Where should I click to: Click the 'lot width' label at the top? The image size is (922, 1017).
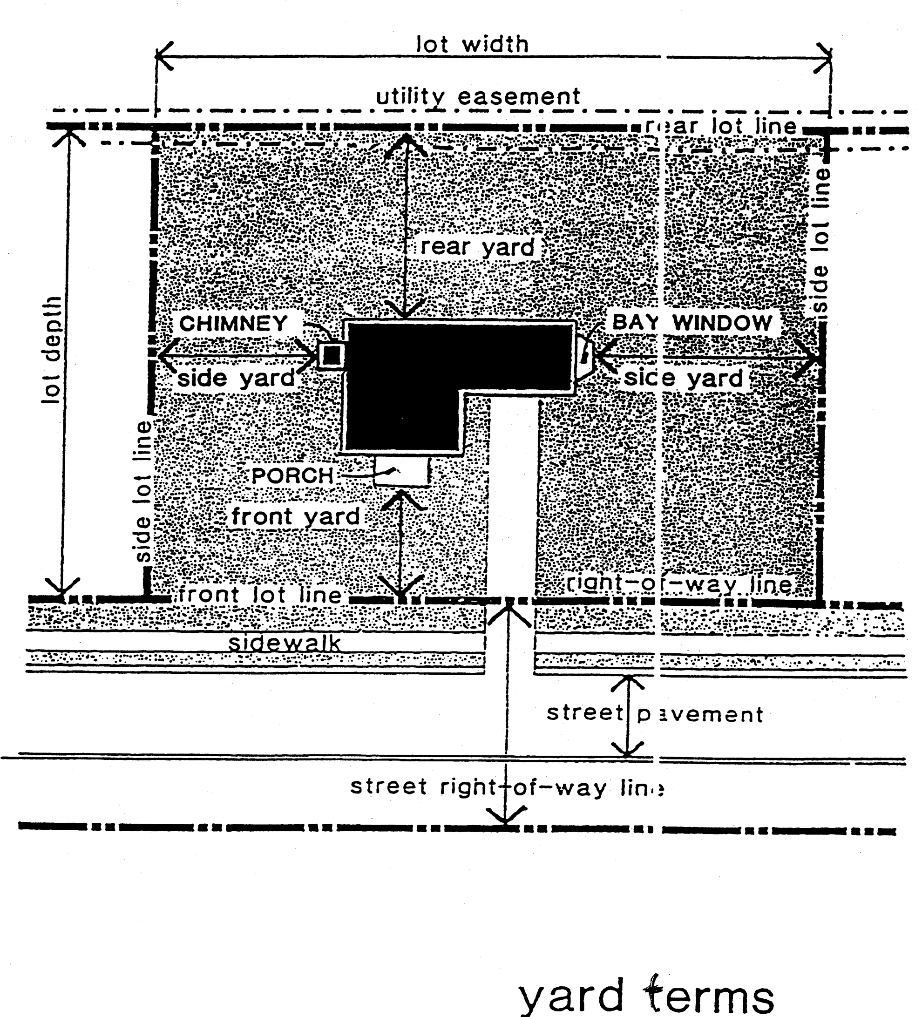coord(472,44)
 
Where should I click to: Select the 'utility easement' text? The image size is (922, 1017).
coord(478,96)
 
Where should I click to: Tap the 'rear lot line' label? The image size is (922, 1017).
coord(721,126)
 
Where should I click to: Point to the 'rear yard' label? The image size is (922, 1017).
coord(477,247)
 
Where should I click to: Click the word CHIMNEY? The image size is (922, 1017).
coord(233,323)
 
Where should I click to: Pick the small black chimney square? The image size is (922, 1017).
coord(332,356)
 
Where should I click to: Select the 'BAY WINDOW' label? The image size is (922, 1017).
coord(692,322)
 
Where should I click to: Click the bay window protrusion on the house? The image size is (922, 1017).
coord(584,355)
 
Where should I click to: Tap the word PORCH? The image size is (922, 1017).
coord(292,475)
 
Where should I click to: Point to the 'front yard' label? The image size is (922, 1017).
coord(296,516)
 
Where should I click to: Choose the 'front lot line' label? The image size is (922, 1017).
coord(260,595)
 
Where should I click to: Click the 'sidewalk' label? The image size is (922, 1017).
coord(285,643)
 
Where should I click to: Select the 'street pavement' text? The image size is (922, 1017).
coord(655,714)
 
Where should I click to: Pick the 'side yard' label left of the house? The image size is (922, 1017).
coord(236,378)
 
